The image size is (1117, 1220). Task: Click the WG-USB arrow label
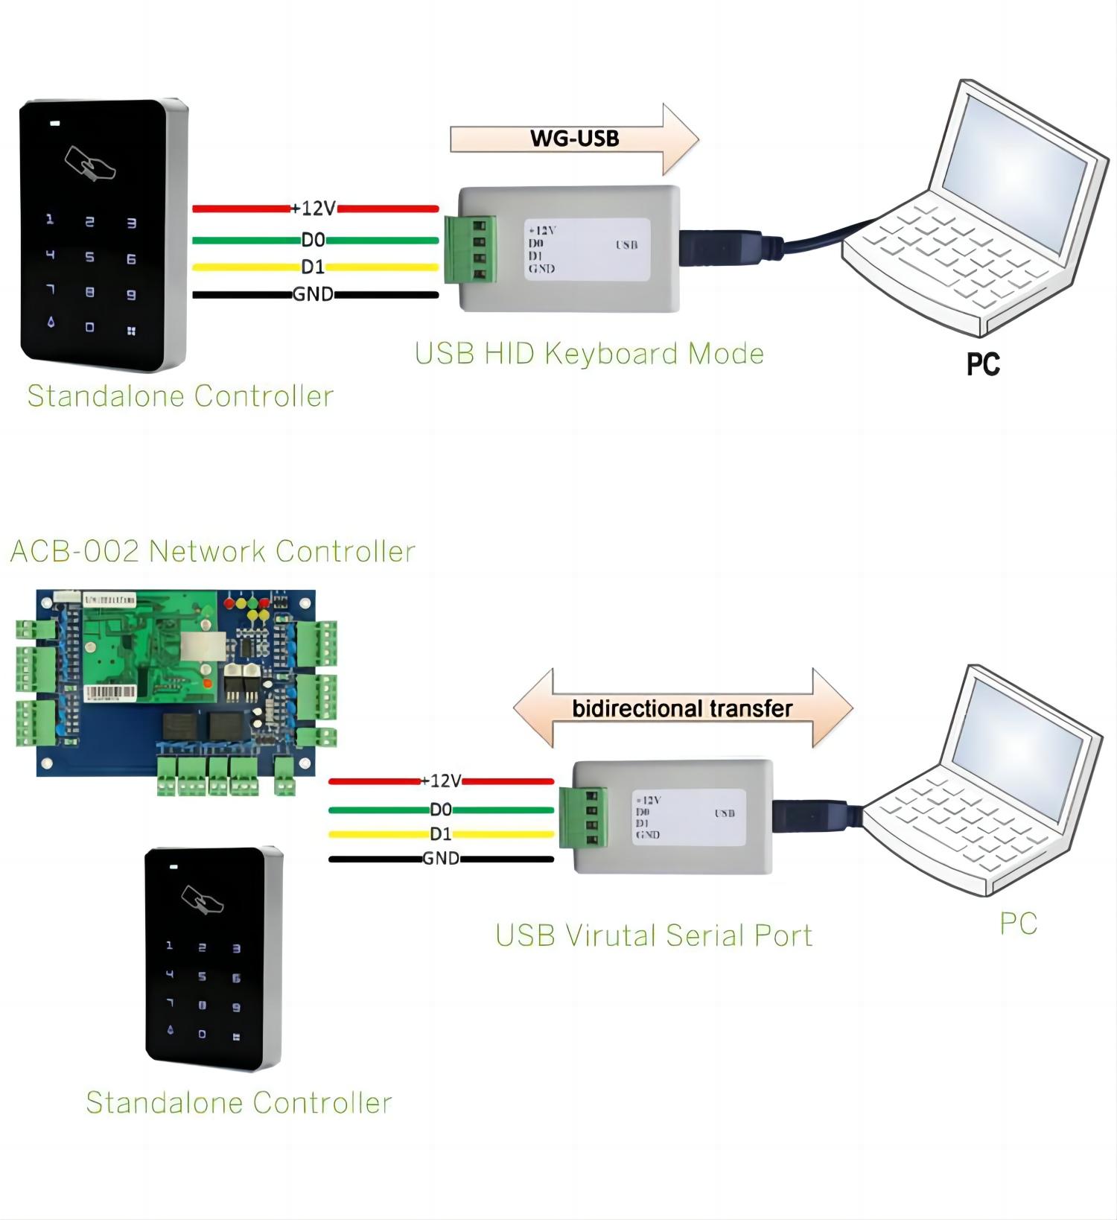(574, 139)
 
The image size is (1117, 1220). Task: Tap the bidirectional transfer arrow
(681, 708)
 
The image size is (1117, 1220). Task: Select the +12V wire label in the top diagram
(314, 209)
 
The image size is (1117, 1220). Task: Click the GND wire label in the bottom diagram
(441, 859)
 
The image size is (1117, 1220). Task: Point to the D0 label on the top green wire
(313, 240)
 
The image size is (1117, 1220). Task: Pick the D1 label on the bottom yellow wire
(441, 833)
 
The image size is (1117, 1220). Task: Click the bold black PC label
(982, 364)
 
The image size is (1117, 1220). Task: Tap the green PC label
(1018, 924)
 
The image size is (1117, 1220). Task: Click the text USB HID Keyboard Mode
(589, 354)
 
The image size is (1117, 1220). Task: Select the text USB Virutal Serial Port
(654, 935)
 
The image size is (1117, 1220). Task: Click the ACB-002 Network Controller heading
(212, 551)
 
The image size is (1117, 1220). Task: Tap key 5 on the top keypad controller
(90, 257)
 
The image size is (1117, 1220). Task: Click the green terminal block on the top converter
(471, 250)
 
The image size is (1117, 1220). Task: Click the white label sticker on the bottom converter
(688, 817)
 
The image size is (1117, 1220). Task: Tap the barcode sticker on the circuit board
(110, 693)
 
